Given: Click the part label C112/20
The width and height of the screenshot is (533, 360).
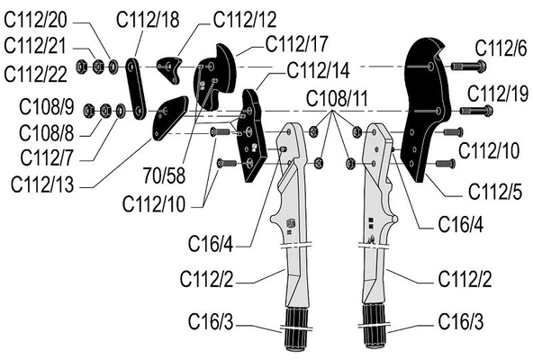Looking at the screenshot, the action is tap(35, 20).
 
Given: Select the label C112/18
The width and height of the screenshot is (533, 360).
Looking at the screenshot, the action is tap(148, 20).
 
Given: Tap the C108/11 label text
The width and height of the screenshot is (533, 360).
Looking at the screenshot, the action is tap(337, 99).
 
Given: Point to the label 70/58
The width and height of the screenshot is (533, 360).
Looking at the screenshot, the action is tap(164, 175).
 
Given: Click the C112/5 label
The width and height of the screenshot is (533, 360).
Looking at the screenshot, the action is tap(495, 192).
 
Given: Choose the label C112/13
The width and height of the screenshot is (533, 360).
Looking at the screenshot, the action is tap(42, 184).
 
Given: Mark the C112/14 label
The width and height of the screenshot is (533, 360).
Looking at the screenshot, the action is tap(318, 71).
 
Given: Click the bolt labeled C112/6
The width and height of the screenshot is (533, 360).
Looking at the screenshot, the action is tap(468, 66).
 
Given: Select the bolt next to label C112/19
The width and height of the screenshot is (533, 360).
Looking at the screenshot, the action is tap(476, 111).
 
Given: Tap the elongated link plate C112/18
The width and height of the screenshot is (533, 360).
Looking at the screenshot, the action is tap(136, 89).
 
